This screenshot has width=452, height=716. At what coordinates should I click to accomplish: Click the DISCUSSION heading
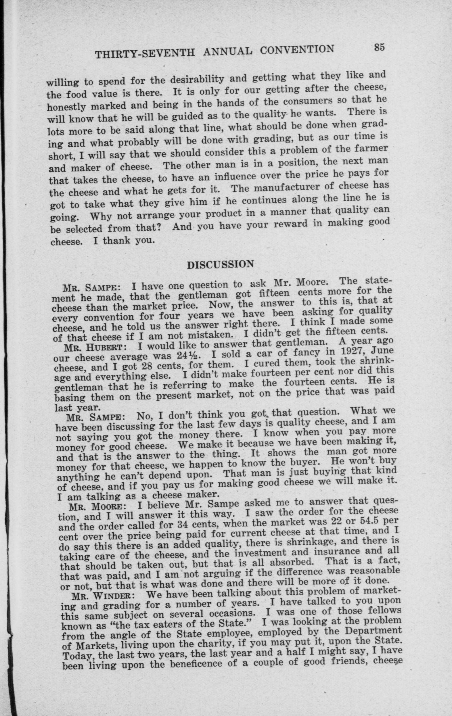click(x=220, y=264)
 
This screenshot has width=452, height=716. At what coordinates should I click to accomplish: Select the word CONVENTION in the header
click(x=297, y=49)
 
